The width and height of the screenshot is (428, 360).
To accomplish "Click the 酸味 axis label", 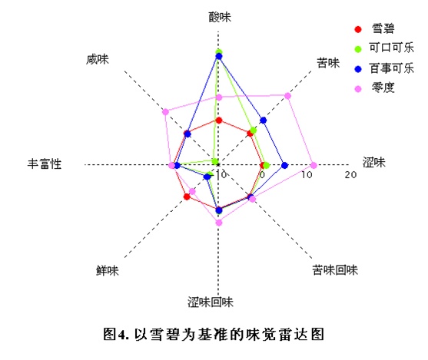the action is (220, 17).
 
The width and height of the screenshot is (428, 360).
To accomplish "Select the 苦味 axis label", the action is (328, 63).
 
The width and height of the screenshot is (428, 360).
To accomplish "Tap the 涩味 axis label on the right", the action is (373, 163).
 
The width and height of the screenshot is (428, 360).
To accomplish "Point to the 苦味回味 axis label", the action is (335, 270).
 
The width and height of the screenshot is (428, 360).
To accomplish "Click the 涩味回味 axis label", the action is (211, 302).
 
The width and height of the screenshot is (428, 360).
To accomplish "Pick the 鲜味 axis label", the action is (108, 270).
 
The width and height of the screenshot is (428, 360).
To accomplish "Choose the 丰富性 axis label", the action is (45, 164).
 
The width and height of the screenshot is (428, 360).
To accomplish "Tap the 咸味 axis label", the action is (98, 59).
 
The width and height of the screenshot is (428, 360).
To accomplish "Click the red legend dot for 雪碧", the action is (358, 29).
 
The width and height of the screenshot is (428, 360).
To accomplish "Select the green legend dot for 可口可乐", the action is (358, 49).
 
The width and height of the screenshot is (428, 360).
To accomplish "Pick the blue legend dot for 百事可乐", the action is (358, 69).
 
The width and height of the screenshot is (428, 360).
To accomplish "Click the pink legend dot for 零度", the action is (358, 89).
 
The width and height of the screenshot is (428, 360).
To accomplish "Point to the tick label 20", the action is (350, 174).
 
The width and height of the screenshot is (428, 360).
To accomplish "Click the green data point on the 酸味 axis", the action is (219, 51).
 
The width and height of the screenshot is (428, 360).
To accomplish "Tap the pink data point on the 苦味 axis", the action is (287, 96).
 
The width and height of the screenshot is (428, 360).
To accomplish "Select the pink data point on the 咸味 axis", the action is (165, 111).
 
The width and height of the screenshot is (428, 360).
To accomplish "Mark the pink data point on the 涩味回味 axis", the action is (219, 223).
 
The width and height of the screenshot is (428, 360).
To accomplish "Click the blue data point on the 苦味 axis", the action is (263, 120).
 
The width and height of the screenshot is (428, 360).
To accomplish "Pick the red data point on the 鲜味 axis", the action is (187, 197).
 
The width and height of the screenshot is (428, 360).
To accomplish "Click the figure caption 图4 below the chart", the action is (214, 334).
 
